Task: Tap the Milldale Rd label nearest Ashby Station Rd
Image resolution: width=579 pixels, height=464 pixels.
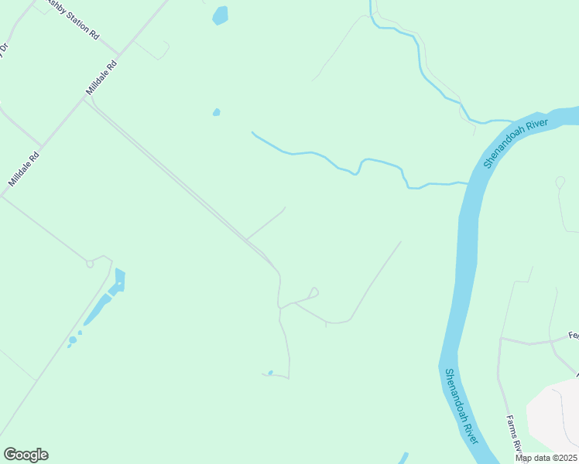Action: (x=101, y=79)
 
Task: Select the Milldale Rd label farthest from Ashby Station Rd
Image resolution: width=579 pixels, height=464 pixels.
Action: (x=24, y=169)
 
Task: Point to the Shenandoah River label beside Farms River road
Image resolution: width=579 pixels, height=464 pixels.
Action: (x=461, y=406)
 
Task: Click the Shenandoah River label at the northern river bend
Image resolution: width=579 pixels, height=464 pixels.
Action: (x=516, y=143)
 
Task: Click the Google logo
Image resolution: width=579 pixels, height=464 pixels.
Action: (x=26, y=454)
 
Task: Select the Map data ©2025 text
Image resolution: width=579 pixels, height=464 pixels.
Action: (x=546, y=458)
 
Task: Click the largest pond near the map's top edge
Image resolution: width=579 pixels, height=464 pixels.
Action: (x=221, y=15)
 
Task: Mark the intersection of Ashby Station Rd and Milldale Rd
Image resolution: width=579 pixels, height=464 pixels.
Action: (x=119, y=56)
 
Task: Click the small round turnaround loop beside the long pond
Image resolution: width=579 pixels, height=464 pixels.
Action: (x=90, y=264)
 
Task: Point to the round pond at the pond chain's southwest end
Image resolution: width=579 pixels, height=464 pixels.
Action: (x=73, y=339)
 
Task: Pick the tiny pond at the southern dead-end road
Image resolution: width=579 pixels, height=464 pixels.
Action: (x=270, y=372)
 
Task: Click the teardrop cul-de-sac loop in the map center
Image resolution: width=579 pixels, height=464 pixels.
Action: (x=313, y=292)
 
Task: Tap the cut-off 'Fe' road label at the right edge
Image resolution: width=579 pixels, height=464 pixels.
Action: (x=573, y=335)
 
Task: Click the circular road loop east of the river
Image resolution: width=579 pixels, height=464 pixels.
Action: (x=560, y=183)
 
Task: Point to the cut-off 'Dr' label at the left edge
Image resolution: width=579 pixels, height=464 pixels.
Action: (x=3, y=48)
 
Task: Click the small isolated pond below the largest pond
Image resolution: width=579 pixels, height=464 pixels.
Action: (x=217, y=112)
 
